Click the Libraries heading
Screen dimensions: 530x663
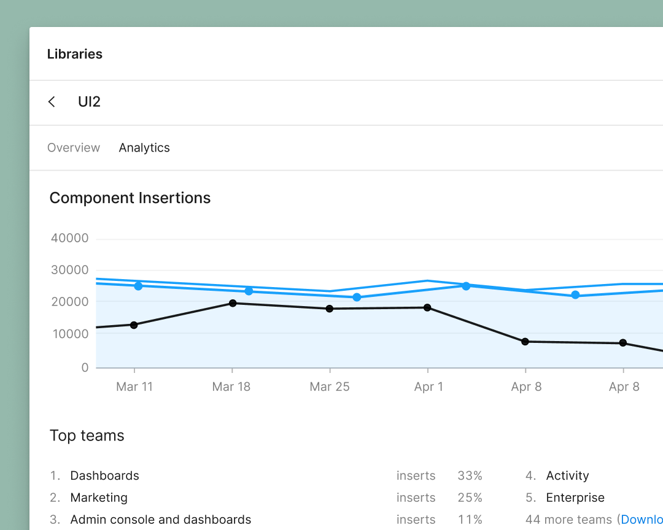[74, 54]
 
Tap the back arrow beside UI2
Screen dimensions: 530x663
[52, 102]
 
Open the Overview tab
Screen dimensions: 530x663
[74, 148]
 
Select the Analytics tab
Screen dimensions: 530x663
[144, 148]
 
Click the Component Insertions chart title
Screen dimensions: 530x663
[130, 198]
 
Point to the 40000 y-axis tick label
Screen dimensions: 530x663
[69, 238]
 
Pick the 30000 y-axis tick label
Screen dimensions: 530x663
[69, 270]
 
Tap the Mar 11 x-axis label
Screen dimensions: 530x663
[134, 386]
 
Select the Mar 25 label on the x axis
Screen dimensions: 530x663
[330, 386]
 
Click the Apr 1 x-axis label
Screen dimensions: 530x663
[428, 386]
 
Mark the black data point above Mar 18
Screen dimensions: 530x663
[233, 303]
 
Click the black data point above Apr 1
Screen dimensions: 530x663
[427, 307]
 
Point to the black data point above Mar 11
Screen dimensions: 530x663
[134, 325]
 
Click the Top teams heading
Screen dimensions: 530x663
[87, 436]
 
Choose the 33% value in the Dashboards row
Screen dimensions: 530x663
[470, 475]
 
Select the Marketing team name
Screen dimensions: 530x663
[99, 497]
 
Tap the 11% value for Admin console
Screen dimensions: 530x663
[470, 520]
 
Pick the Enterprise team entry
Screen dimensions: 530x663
[575, 497]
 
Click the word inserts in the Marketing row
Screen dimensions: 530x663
[416, 497]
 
